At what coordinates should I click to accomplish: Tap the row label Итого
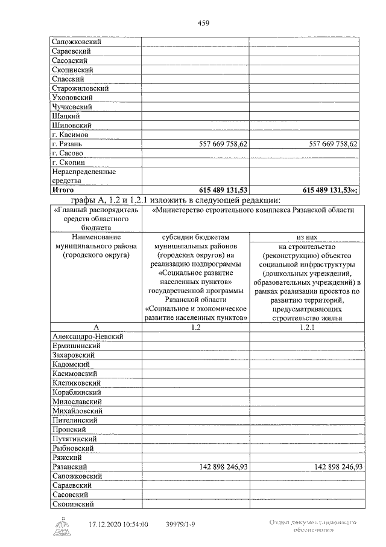point(63,189)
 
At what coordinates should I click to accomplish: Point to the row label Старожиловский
point(80,88)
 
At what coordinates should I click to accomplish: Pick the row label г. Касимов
point(70,134)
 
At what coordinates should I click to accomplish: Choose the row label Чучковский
point(72,107)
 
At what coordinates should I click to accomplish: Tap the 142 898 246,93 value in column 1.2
point(224,467)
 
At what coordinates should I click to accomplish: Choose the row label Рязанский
point(71,467)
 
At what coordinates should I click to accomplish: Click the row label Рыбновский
point(73,448)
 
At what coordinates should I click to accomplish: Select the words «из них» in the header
point(304,238)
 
